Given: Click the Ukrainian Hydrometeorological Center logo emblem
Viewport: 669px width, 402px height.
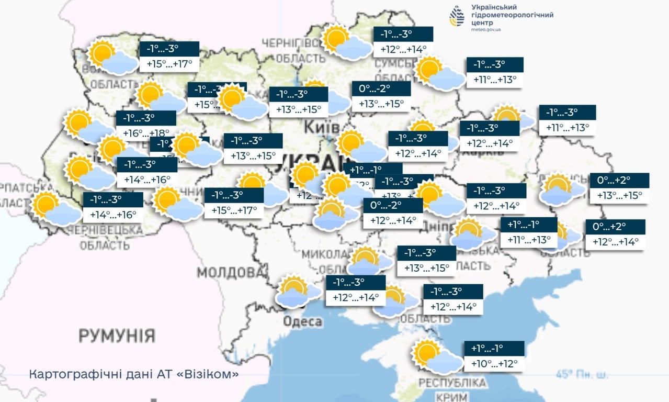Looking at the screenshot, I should click(x=457, y=16).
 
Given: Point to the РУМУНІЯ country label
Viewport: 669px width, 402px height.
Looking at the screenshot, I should click(x=117, y=335).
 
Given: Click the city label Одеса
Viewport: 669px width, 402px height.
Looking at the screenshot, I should click(x=302, y=321).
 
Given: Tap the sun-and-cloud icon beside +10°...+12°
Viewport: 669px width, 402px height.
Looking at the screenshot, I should click(x=436, y=357).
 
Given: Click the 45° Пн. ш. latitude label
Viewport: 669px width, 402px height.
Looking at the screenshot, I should click(x=582, y=375).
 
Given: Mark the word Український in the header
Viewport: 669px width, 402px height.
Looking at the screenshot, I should click(x=494, y=7).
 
